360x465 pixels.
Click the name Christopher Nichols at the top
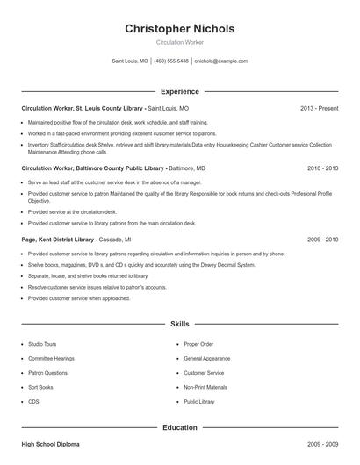[x=180, y=29]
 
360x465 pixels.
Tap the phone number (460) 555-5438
[x=171, y=61]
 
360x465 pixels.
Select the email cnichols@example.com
[x=221, y=61]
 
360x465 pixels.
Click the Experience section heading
[x=180, y=91]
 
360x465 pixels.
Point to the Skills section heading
[x=180, y=324]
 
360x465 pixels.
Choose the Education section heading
[x=180, y=427]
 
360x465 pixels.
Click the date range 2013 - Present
[x=319, y=108]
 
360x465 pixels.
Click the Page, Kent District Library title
[x=62, y=239]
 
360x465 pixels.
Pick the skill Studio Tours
[x=42, y=344]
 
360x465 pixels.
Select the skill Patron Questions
[x=47, y=373]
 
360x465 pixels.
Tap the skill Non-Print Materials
[x=205, y=387]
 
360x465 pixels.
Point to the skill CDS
[x=33, y=401]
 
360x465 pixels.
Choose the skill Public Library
[x=199, y=401]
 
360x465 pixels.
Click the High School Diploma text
[x=51, y=445]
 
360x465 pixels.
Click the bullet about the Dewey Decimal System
[x=141, y=264]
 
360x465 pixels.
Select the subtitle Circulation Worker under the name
[x=180, y=42]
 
